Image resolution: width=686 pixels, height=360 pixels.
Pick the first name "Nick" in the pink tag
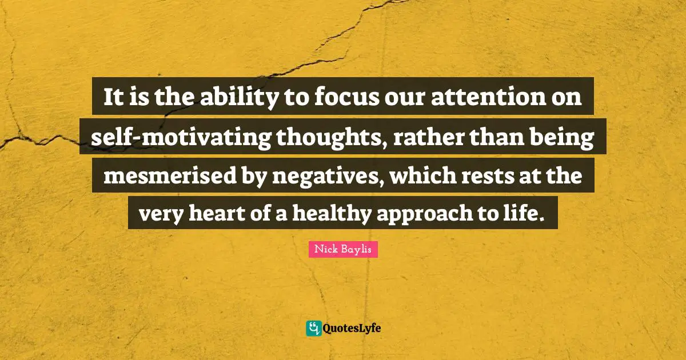(x=325, y=250)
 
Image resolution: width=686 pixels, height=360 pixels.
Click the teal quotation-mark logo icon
(x=313, y=328)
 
